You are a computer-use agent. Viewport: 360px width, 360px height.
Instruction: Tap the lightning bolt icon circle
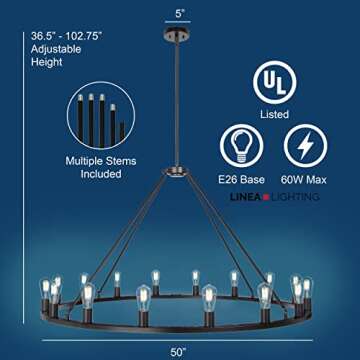point(305,147)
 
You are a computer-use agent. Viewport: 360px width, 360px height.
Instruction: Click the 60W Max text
point(305,181)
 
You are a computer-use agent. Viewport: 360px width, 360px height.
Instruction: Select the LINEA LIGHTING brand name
point(286,197)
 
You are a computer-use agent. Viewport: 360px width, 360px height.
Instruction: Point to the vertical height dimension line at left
point(18,180)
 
